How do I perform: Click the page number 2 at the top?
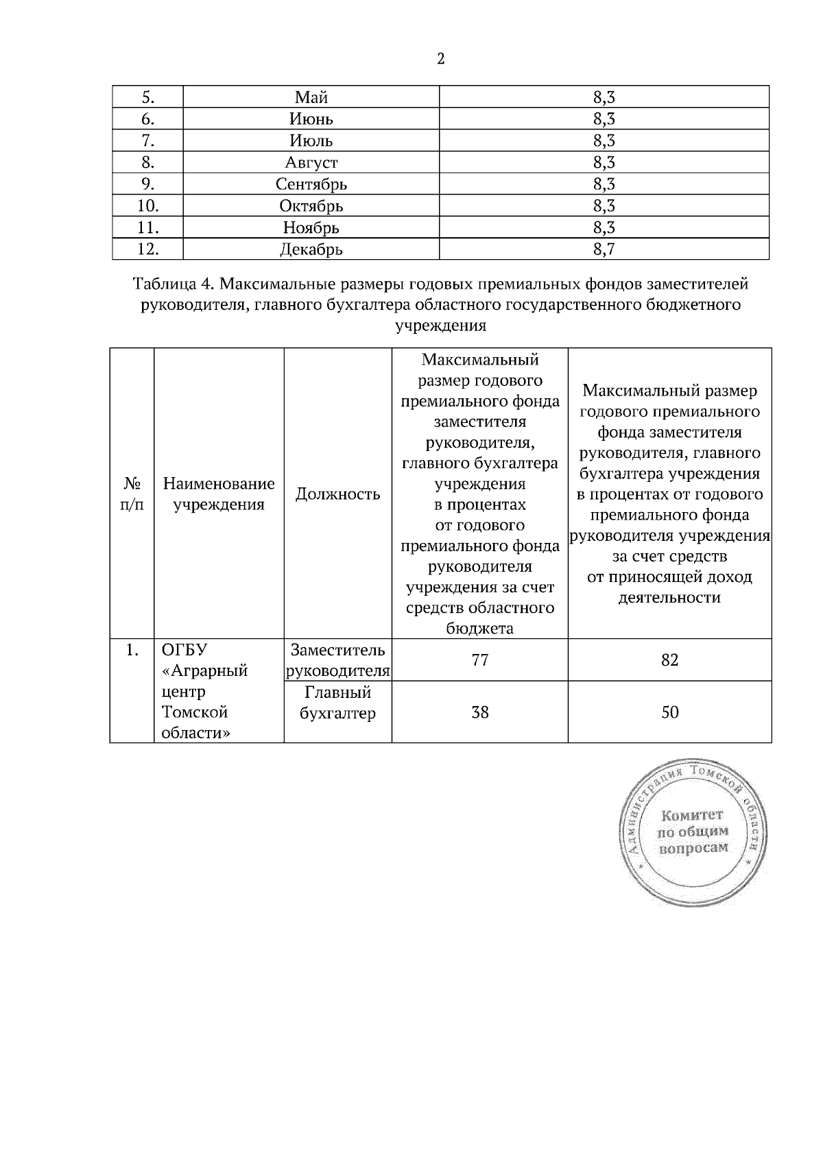tap(440, 59)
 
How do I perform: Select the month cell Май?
tap(311, 97)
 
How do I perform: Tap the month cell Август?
tap(311, 162)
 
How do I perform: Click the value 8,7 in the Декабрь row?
tap(604, 250)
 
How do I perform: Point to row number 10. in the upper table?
tap(147, 206)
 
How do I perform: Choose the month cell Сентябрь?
tap(311, 184)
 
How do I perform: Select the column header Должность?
tap(337, 494)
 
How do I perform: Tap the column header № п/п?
tap(132, 494)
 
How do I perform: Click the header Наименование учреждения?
tap(219, 494)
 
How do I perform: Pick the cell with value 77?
tap(479, 660)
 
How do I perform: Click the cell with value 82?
tap(669, 660)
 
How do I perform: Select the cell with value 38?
tap(479, 712)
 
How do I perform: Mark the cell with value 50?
tap(669, 712)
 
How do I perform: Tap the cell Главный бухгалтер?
tap(337, 703)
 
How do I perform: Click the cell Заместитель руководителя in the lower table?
tap(337, 660)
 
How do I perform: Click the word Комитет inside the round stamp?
tap(691, 815)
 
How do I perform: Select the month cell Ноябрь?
tap(311, 228)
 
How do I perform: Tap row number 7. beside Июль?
tap(147, 141)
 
